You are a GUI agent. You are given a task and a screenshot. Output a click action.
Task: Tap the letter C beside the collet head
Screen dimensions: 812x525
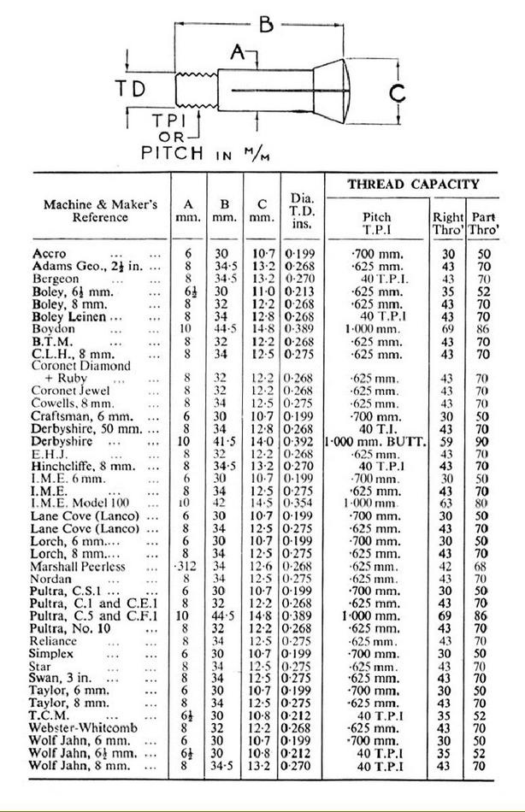coord(396,92)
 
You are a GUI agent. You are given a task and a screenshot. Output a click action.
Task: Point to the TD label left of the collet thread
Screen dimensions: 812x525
coord(131,87)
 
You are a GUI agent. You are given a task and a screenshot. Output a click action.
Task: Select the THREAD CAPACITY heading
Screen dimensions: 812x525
coord(413,184)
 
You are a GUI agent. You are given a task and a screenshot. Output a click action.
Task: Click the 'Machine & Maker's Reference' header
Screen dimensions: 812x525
coord(100,211)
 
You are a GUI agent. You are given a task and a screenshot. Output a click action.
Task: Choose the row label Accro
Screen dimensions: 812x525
coord(49,254)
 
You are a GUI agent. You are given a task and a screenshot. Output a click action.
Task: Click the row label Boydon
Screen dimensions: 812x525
coord(53,327)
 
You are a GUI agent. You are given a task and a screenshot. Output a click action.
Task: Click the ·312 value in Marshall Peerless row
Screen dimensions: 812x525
coord(187,567)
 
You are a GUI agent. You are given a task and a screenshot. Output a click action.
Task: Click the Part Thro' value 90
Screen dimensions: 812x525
coord(483,442)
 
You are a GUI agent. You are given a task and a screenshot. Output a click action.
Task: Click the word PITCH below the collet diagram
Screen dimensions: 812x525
coord(172,153)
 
